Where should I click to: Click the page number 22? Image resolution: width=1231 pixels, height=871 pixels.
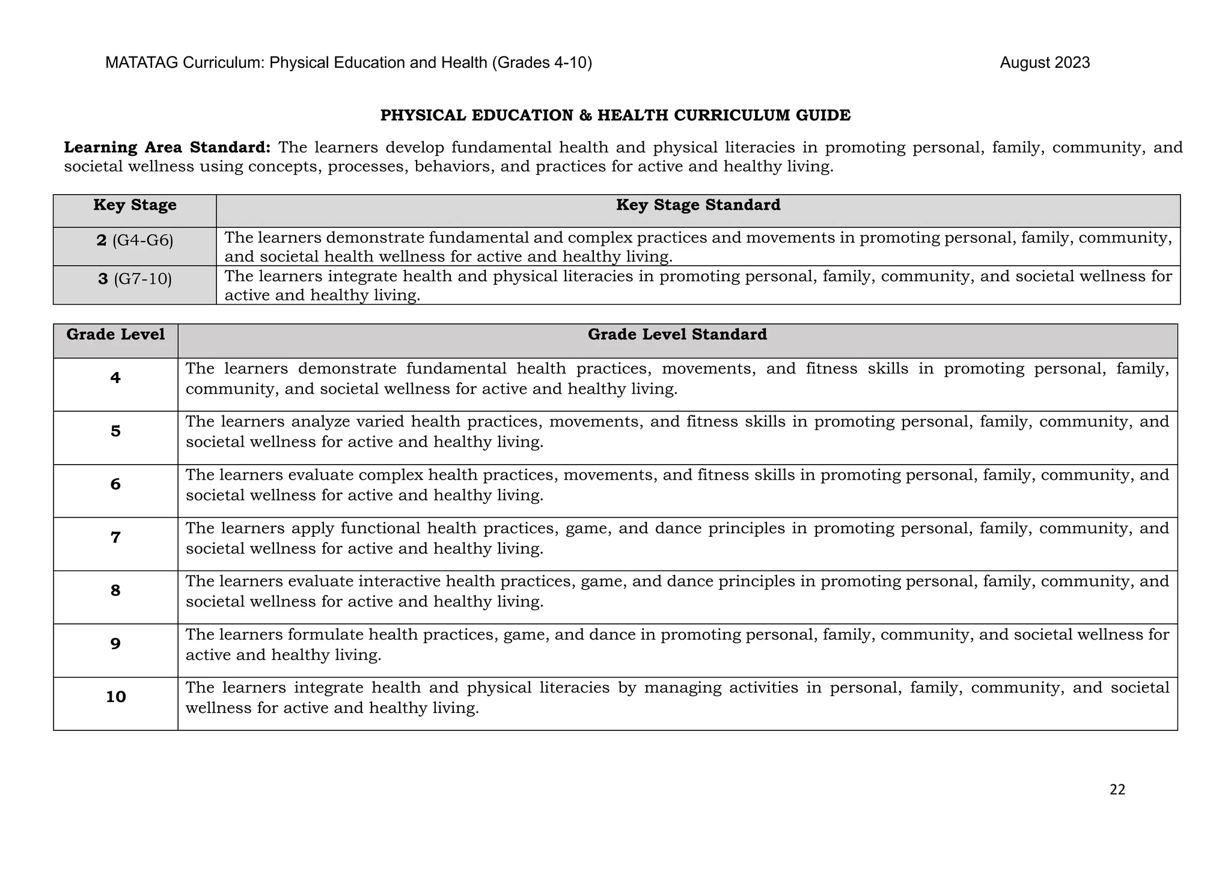click(1117, 790)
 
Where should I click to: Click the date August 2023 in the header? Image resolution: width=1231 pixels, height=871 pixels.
click(1044, 63)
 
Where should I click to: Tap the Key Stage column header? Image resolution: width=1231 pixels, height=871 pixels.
click(135, 206)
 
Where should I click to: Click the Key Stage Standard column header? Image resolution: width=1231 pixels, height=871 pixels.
click(698, 206)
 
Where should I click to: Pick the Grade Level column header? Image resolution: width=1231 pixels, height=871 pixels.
click(115, 335)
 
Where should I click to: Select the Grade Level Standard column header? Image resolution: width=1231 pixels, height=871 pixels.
click(677, 335)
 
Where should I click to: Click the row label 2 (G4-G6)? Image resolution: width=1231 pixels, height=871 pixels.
click(135, 241)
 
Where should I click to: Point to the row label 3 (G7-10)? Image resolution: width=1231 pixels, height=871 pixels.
click(135, 280)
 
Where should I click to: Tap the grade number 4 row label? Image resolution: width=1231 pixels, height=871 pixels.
click(115, 378)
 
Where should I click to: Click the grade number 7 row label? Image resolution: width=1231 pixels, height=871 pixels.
click(115, 537)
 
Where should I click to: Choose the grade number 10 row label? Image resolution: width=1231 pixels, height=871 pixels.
click(115, 697)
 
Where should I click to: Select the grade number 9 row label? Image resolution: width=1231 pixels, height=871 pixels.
click(115, 644)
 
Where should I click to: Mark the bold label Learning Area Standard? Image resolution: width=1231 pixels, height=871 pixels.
click(167, 148)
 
